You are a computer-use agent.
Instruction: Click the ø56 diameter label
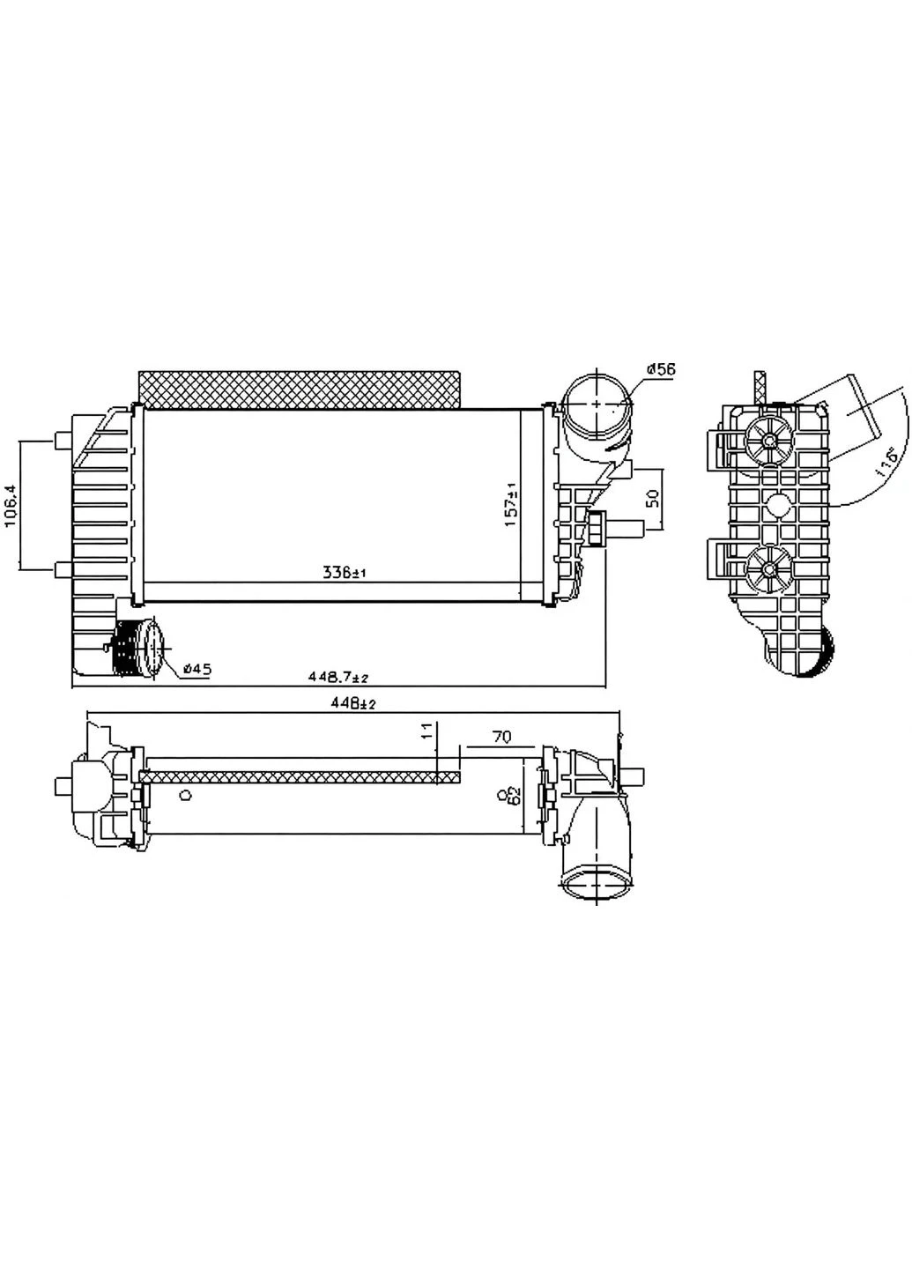(660, 370)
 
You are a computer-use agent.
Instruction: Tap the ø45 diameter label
(197, 669)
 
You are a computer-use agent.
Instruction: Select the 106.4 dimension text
(11, 505)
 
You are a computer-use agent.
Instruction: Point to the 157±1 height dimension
(511, 505)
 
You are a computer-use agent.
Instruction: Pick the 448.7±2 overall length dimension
(338, 677)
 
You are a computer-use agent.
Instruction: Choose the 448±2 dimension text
(353, 703)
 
